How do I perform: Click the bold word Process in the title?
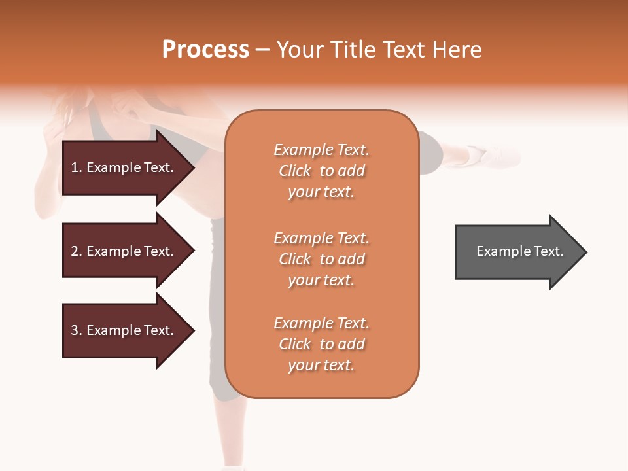pyautogui.click(x=205, y=50)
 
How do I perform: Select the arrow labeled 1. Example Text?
pyautogui.click(x=124, y=167)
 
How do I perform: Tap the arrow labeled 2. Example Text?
pyautogui.click(x=124, y=251)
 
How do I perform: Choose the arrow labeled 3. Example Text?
pyautogui.click(x=124, y=330)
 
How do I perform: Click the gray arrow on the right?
pyautogui.click(x=517, y=251)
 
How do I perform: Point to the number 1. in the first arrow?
pyautogui.click(x=77, y=167)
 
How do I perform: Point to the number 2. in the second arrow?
pyautogui.click(x=77, y=251)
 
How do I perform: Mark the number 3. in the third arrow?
pyautogui.click(x=77, y=330)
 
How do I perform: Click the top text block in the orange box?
pyautogui.click(x=321, y=171)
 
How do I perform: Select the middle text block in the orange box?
pyautogui.click(x=321, y=259)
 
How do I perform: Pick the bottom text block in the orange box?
pyautogui.click(x=321, y=344)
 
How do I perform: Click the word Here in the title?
pyautogui.click(x=457, y=50)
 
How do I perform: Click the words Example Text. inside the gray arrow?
pyautogui.click(x=519, y=251)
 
